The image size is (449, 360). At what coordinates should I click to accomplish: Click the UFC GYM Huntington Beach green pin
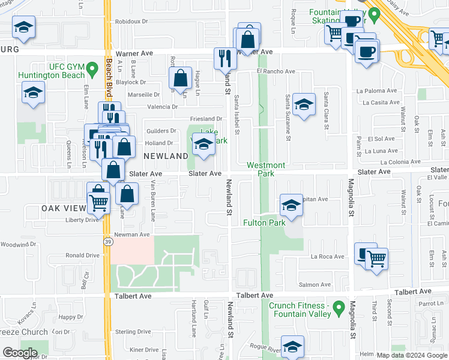[x=92, y=70]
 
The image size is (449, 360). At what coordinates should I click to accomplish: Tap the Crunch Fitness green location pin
[x=340, y=310]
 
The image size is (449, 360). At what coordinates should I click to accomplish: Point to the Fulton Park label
[x=264, y=223]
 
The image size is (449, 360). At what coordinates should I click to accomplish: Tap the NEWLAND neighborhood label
[x=166, y=156]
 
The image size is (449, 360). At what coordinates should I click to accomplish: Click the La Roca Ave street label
[x=327, y=256]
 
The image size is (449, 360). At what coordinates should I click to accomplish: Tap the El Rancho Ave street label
[x=276, y=71]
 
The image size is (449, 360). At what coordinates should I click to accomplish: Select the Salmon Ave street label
[x=316, y=284]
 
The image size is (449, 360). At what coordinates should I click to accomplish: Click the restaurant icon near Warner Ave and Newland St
[x=225, y=58]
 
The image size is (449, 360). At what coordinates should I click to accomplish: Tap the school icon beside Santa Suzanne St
[x=304, y=105]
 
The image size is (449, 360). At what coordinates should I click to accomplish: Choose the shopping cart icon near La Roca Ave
[x=376, y=259]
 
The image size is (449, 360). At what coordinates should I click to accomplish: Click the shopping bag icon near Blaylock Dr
[x=180, y=77]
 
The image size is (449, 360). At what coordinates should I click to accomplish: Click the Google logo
[x=20, y=353]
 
